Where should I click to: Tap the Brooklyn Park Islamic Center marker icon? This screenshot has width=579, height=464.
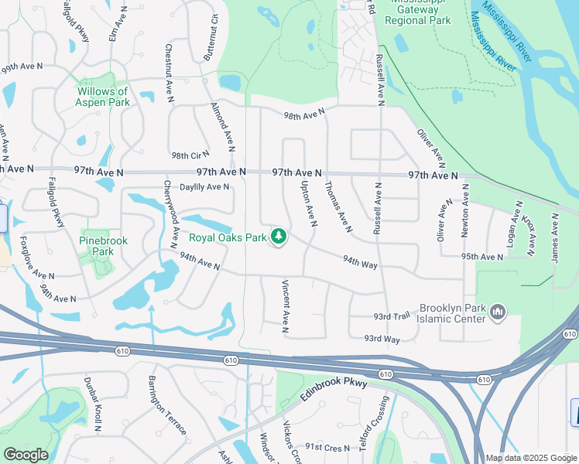[x=497, y=312]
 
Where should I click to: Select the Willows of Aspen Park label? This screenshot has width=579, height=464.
[x=102, y=97]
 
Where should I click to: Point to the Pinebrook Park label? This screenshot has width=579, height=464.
[x=102, y=246]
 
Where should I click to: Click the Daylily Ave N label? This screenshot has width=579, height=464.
[x=204, y=186]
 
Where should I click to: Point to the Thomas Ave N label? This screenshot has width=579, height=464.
[x=338, y=206]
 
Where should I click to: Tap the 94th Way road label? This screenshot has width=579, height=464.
[x=359, y=264]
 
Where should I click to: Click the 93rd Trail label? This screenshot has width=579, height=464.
[x=391, y=316]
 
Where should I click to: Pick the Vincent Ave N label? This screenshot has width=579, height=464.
[x=285, y=307]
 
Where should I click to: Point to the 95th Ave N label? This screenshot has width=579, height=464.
[x=481, y=256]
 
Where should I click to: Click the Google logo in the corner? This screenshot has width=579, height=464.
[x=26, y=455]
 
